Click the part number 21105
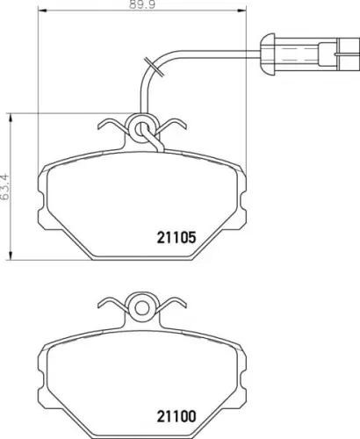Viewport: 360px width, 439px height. (x=176, y=238)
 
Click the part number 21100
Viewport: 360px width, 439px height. (x=176, y=416)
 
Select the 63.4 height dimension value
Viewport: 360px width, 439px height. (x=5, y=187)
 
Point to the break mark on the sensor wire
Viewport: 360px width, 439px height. (x=153, y=67)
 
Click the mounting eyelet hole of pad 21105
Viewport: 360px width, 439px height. (x=141, y=128)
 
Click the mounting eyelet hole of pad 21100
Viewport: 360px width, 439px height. (x=142, y=307)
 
